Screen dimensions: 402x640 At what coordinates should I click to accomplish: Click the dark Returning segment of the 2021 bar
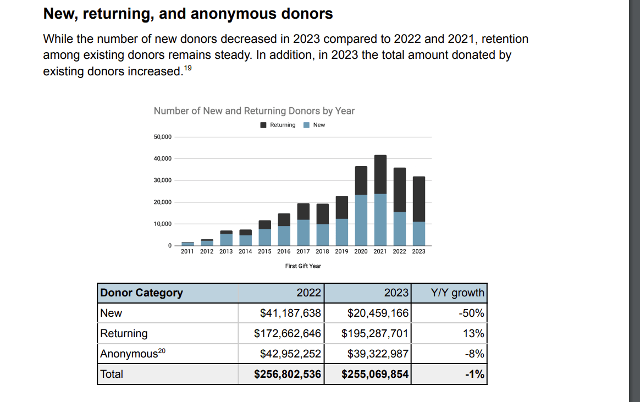click(x=380, y=174)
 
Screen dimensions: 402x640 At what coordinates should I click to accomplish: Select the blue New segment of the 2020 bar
click(x=361, y=220)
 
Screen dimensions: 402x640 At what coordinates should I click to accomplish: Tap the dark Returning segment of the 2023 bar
click(x=419, y=199)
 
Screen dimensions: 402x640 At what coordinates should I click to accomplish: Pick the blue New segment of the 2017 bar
click(x=304, y=233)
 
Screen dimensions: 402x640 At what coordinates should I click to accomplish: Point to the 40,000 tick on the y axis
click(x=163, y=158)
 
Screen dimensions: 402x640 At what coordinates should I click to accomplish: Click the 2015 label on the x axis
click(x=264, y=251)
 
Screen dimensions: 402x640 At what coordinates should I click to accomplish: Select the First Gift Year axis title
click(x=303, y=266)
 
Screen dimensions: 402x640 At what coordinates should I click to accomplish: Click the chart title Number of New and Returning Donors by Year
click(x=254, y=111)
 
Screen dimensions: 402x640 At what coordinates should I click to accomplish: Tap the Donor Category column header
click(x=141, y=293)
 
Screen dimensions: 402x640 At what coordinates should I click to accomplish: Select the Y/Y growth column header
click(x=457, y=293)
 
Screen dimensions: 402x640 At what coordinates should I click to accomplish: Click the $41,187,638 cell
click(x=290, y=313)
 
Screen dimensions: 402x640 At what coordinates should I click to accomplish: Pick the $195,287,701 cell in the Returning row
click(x=375, y=333)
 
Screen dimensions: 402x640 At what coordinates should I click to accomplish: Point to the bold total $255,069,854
click(x=375, y=374)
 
